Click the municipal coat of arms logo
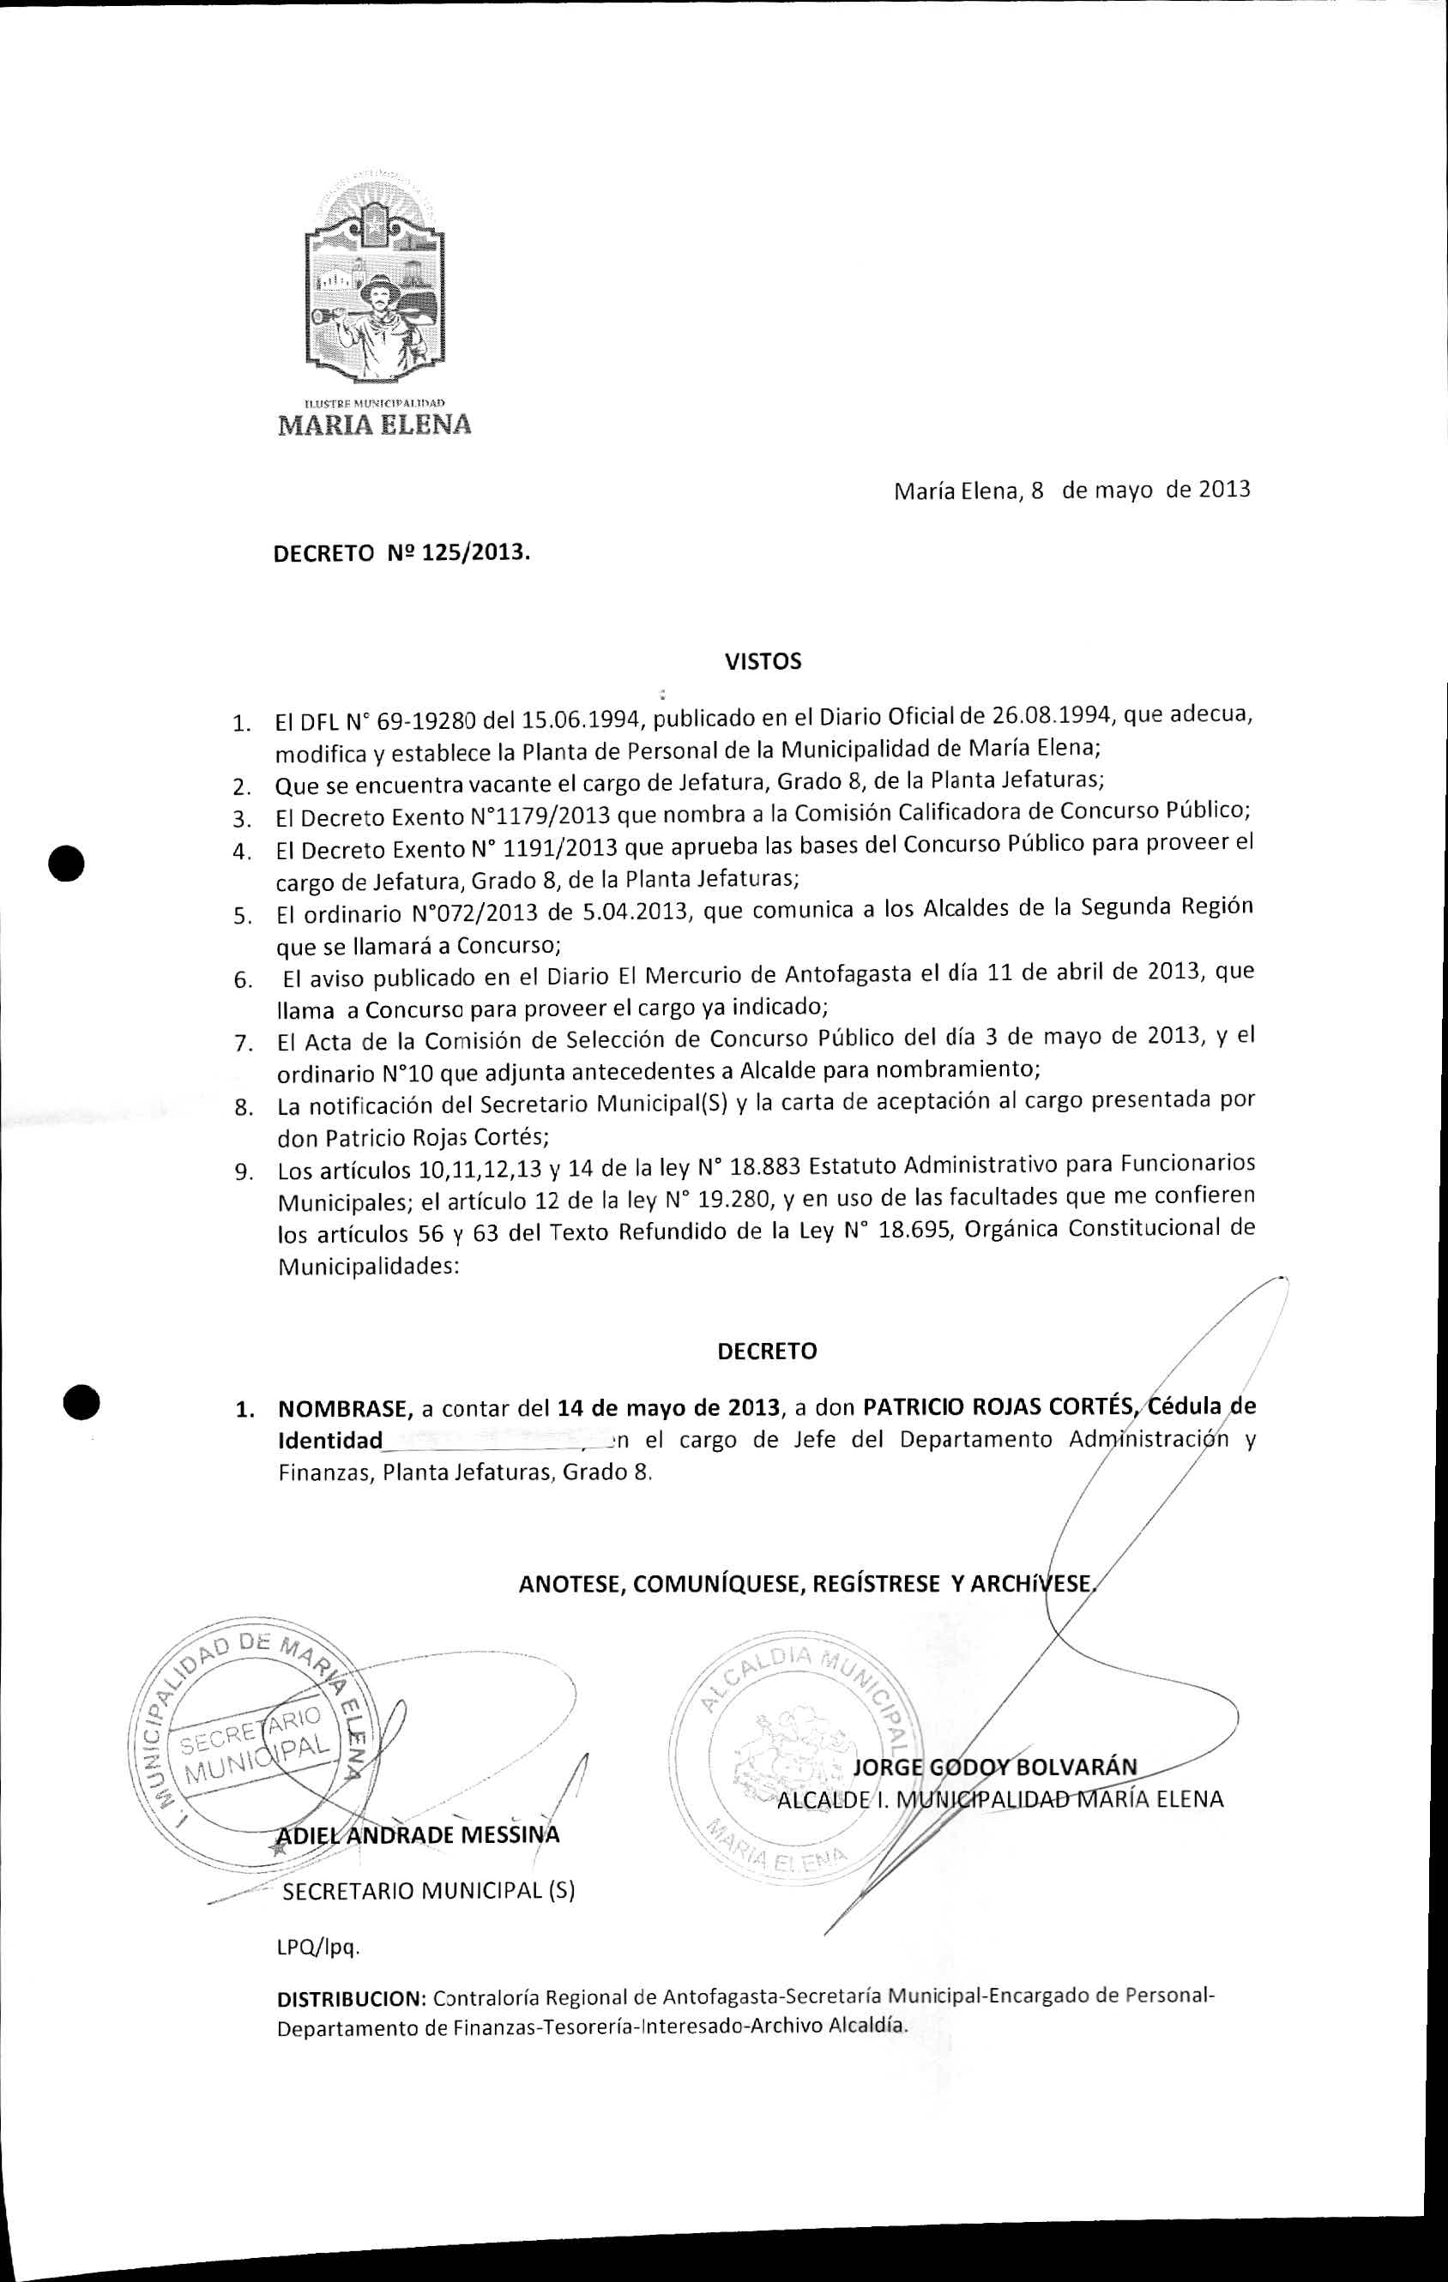pos(374,280)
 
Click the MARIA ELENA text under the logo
pos(374,424)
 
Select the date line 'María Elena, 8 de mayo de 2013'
pos(1071,491)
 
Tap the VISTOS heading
pos(763,661)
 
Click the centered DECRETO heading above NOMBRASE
pos(767,1352)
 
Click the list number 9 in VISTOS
pos(244,1172)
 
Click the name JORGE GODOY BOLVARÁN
pos(995,1768)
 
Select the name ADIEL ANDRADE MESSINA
pos(417,1836)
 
